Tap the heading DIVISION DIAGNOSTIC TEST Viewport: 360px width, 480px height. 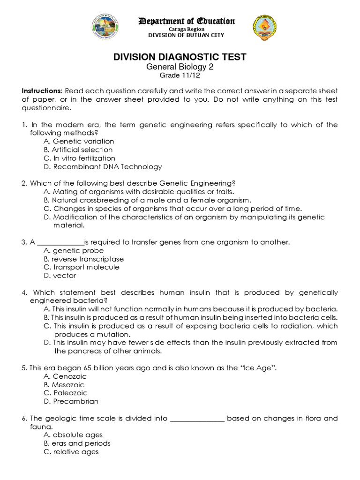(180, 57)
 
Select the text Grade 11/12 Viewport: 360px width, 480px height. (180, 75)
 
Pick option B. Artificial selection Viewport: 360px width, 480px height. (78, 150)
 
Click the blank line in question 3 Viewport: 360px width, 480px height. (60, 242)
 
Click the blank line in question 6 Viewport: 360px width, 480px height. (197, 418)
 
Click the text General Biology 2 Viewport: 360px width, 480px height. (180, 67)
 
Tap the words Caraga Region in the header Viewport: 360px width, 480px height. (186, 29)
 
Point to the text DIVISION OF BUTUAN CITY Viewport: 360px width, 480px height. (186, 35)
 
